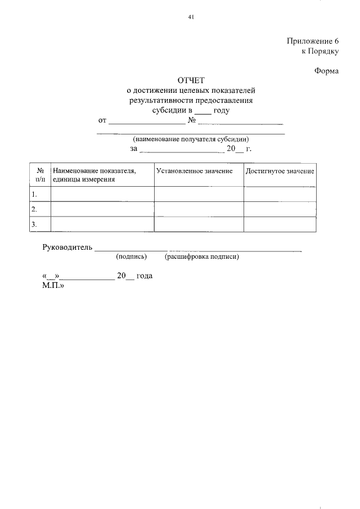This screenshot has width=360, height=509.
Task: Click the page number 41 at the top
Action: click(x=191, y=17)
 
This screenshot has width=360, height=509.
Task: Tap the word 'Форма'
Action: click(x=326, y=71)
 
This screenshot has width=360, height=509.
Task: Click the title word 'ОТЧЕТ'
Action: click(x=191, y=80)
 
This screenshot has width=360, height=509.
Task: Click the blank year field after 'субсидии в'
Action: click(x=202, y=111)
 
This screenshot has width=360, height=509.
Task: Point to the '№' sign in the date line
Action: click(x=191, y=120)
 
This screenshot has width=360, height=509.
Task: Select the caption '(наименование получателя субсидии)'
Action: click(x=191, y=139)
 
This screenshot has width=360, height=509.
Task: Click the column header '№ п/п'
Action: click(x=40, y=175)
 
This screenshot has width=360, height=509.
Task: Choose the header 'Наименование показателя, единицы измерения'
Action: click(x=94, y=175)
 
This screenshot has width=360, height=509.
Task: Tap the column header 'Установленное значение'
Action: click(x=195, y=170)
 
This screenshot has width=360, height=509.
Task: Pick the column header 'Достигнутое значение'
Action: click(x=280, y=170)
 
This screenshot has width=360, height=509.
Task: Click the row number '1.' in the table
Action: click(x=34, y=194)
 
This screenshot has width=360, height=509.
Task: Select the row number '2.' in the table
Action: click(x=34, y=209)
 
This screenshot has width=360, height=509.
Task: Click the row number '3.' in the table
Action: click(x=34, y=224)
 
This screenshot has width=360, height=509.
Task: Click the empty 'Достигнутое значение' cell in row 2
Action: click(x=280, y=209)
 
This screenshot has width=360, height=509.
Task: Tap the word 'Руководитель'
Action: click(x=67, y=247)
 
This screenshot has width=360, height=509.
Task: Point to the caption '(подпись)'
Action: click(x=131, y=257)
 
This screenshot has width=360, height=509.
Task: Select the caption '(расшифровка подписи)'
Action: click(x=202, y=257)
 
